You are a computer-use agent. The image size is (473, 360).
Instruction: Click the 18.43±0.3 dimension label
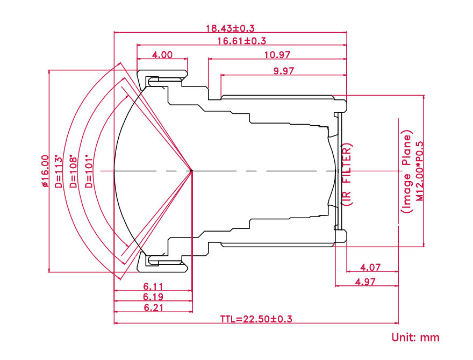(x=230, y=27)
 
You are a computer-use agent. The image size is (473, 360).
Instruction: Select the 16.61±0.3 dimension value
(x=242, y=41)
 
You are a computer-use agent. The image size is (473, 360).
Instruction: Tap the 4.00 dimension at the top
(x=162, y=54)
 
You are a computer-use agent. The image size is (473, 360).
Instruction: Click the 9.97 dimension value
(x=284, y=70)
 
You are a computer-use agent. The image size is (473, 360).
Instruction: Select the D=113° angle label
(x=59, y=171)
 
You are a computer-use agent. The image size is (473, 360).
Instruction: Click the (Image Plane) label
(x=407, y=171)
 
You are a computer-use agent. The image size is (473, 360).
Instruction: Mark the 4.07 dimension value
(x=371, y=267)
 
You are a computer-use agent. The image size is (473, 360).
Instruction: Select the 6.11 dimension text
(x=153, y=287)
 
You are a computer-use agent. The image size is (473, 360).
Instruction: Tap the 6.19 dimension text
(x=153, y=297)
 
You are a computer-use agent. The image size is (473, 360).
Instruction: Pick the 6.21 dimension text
(x=153, y=308)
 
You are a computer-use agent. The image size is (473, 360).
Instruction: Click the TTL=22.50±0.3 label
(x=256, y=319)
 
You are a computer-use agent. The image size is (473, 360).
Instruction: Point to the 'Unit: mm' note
(x=415, y=338)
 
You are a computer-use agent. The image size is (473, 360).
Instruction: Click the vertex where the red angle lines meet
(x=192, y=171)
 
